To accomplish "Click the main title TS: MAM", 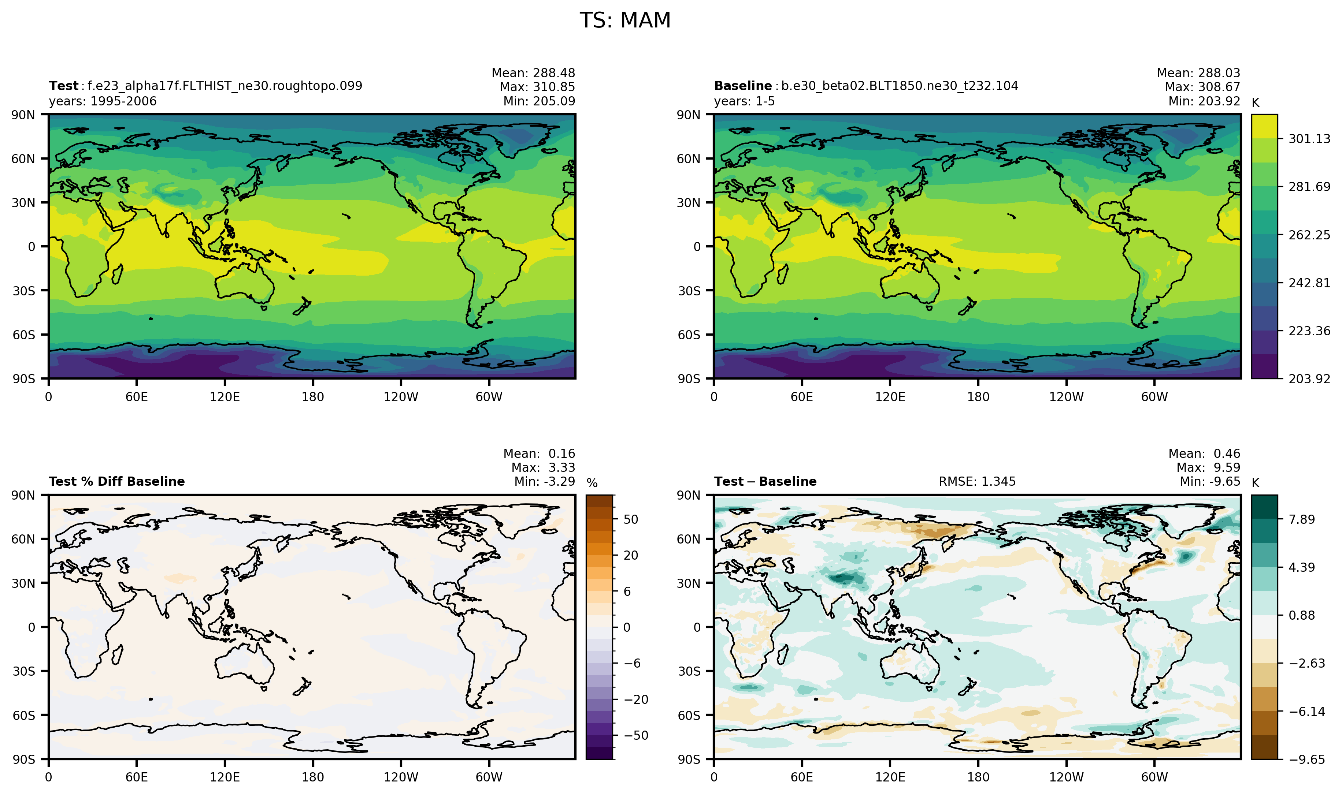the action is [625, 20].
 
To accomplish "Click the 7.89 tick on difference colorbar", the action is [1302, 519].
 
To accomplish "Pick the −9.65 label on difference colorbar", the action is [1306, 759].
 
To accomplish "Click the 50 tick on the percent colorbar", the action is [631, 519].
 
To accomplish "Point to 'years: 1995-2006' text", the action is [103, 101].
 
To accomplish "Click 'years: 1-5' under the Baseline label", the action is [744, 101].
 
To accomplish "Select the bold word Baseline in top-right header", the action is [743, 86].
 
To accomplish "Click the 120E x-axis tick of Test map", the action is [225, 397].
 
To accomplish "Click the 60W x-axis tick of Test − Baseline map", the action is [1154, 777].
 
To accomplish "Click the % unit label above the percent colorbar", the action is [592, 483].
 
